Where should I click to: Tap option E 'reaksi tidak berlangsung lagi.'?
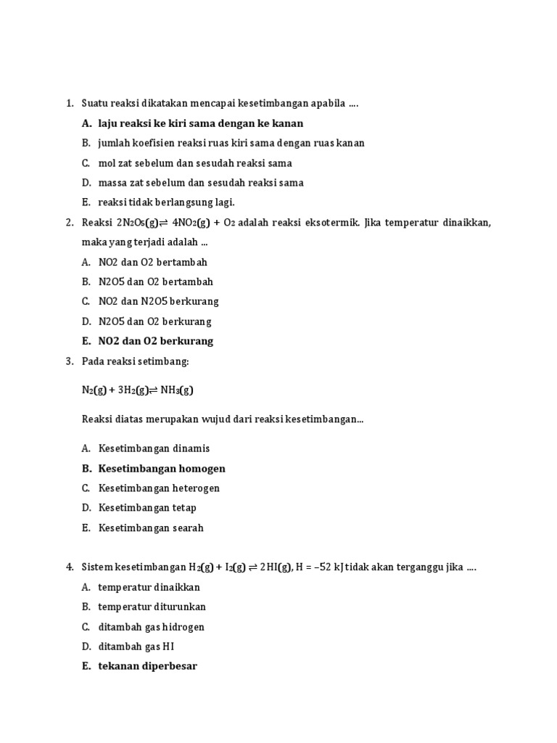click(x=167, y=202)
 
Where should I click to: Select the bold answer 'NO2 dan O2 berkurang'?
click(x=156, y=341)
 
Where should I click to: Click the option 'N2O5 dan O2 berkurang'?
click(x=154, y=321)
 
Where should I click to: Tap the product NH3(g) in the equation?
click(x=178, y=390)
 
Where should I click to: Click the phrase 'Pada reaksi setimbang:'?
click(x=135, y=361)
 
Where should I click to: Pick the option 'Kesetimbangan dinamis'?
click(x=154, y=448)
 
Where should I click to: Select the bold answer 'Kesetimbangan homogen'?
click(x=162, y=469)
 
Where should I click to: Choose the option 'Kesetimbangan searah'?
click(x=151, y=528)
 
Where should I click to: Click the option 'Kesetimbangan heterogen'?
click(x=159, y=488)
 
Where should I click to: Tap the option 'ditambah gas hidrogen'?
click(x=152, y=627)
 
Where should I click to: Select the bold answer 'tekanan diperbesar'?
click(x=148, y=666)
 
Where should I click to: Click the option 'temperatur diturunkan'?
click(x=152, y=607)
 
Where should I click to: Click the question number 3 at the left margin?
click(x=69, y=361)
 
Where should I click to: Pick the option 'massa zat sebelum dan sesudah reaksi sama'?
click(x=201, y=183)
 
